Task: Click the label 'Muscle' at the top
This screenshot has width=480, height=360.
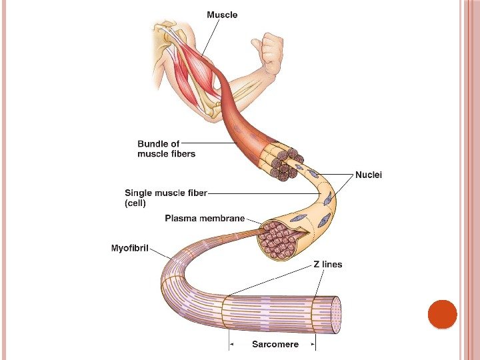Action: (222, 14)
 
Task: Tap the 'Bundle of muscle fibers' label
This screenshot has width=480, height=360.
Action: (166, 149)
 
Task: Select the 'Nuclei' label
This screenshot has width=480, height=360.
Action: (369, 175)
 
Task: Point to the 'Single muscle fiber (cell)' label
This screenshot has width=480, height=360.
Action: (166, 197)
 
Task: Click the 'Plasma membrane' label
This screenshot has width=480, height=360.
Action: (205, 218)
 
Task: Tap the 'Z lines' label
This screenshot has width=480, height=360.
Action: (327, 264)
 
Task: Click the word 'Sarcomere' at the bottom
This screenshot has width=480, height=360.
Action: (275, 345)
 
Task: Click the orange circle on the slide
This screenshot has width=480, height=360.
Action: (441, 314)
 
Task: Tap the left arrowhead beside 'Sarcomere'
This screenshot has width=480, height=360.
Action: (231, 345)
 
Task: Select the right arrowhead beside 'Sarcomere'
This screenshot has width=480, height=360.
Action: (312, 345)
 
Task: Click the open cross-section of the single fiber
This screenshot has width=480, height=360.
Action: (280, 240)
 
